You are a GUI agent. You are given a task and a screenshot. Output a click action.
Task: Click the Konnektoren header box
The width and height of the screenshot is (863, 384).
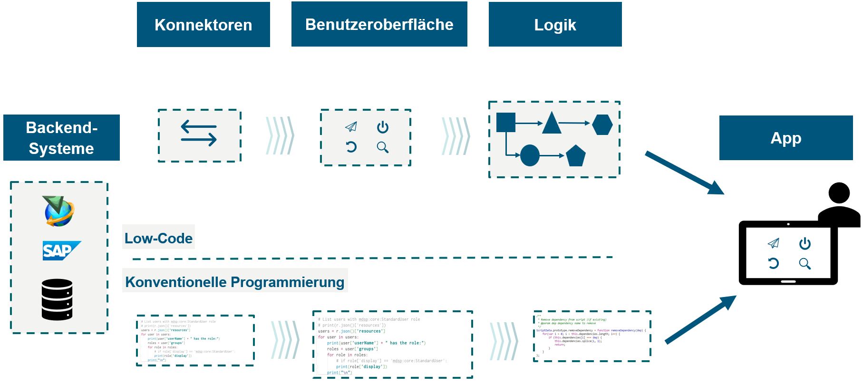pos(203,25)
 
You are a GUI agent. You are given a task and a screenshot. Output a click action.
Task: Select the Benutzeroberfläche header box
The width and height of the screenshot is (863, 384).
pos(379,24)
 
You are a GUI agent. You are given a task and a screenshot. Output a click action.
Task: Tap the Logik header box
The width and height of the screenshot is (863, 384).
pos(555,25)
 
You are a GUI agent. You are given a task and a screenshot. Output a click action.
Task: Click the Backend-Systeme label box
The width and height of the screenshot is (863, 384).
pos(61,138)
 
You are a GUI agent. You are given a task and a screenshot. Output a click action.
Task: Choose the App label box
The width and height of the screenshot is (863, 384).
pos(785,138)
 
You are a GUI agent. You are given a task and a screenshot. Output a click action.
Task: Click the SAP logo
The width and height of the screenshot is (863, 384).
pos(61,250)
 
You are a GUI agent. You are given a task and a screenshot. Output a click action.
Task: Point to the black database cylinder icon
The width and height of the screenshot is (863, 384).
pos(57,299)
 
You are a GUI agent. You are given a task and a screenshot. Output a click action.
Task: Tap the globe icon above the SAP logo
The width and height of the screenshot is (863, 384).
pos(59,211)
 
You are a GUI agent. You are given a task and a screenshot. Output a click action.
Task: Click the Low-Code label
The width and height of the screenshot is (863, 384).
pos(158,238)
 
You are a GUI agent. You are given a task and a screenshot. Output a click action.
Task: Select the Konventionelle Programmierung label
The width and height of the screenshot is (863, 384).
pos(234,281)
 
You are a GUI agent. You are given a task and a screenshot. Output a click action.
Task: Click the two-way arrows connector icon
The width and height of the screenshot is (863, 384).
pos(199,133)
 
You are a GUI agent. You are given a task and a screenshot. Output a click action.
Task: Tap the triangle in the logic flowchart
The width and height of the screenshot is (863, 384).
pos(552,123)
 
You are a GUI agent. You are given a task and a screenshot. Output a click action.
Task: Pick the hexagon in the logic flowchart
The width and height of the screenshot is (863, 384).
pos(602,125)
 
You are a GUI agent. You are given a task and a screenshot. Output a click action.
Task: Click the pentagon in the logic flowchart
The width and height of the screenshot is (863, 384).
pos(576,155)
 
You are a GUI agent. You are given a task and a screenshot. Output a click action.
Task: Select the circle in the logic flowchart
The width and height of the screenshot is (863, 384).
pos(530,155)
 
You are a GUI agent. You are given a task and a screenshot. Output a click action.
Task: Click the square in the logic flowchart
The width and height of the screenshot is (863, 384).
pos(506,123)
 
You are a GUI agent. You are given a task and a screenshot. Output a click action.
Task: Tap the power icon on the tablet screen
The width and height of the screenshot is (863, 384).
pos(805,244)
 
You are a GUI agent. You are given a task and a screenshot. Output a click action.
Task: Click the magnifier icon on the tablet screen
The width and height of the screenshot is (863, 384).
pos(805,264)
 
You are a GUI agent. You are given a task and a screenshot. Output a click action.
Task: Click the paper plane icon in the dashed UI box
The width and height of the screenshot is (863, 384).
pos(351,126)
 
